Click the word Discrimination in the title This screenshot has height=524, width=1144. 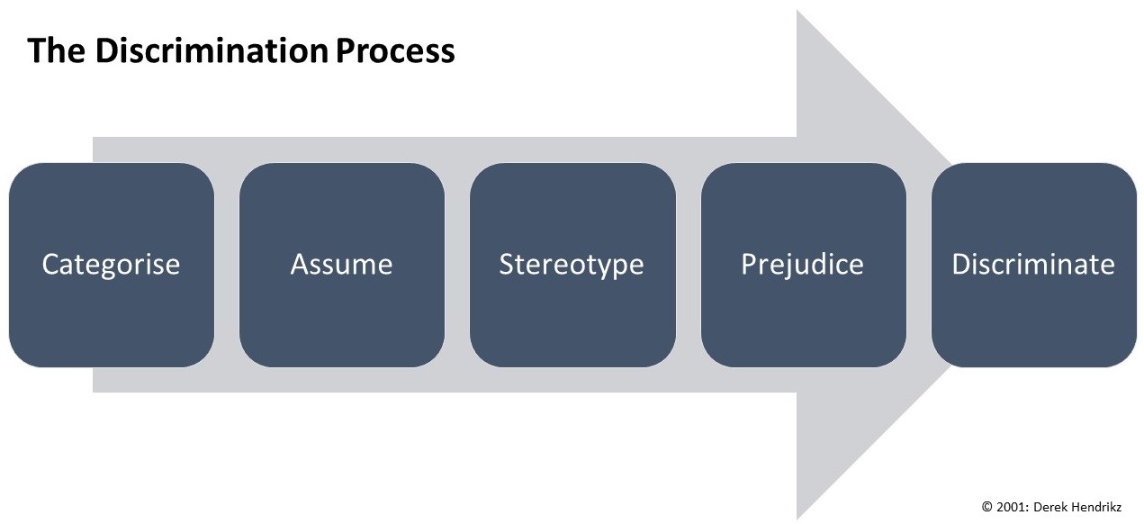211,50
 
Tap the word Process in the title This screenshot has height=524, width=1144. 395,51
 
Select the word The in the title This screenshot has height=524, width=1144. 57,50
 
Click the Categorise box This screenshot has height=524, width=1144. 112,265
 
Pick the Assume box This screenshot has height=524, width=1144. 342,265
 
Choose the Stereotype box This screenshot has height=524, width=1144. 572,265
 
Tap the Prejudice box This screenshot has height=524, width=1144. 804,265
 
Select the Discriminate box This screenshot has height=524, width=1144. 1034,265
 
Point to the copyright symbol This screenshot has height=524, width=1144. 986,507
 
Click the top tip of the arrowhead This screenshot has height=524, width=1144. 797,10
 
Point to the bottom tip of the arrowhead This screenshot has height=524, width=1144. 797,519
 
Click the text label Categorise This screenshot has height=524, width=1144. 111,265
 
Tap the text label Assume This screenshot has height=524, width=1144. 342,265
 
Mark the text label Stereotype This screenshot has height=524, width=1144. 572,266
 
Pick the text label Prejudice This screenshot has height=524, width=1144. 802,266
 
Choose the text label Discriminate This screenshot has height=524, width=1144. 1033,265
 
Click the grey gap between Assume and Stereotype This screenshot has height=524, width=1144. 457,265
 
